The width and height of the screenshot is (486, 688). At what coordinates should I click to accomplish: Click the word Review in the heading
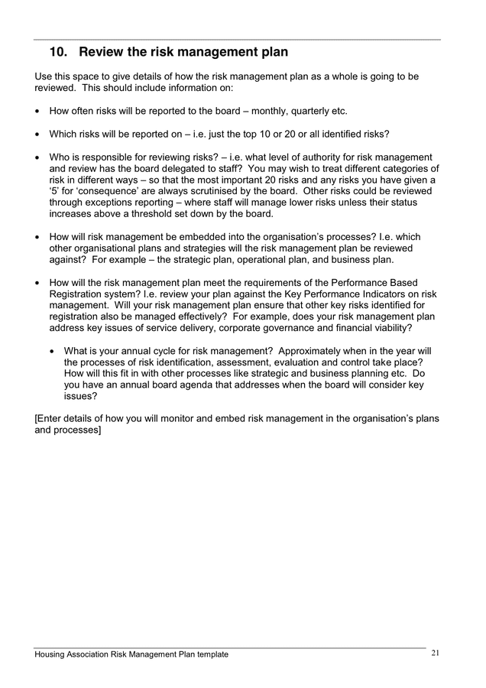point(105,53)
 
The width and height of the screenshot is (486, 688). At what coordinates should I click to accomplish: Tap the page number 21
point(436,653)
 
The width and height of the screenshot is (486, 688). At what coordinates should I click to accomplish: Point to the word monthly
point(255,111)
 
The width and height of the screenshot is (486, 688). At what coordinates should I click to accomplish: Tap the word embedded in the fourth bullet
point(197,237)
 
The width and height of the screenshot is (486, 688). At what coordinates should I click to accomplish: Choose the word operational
point(251,260)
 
